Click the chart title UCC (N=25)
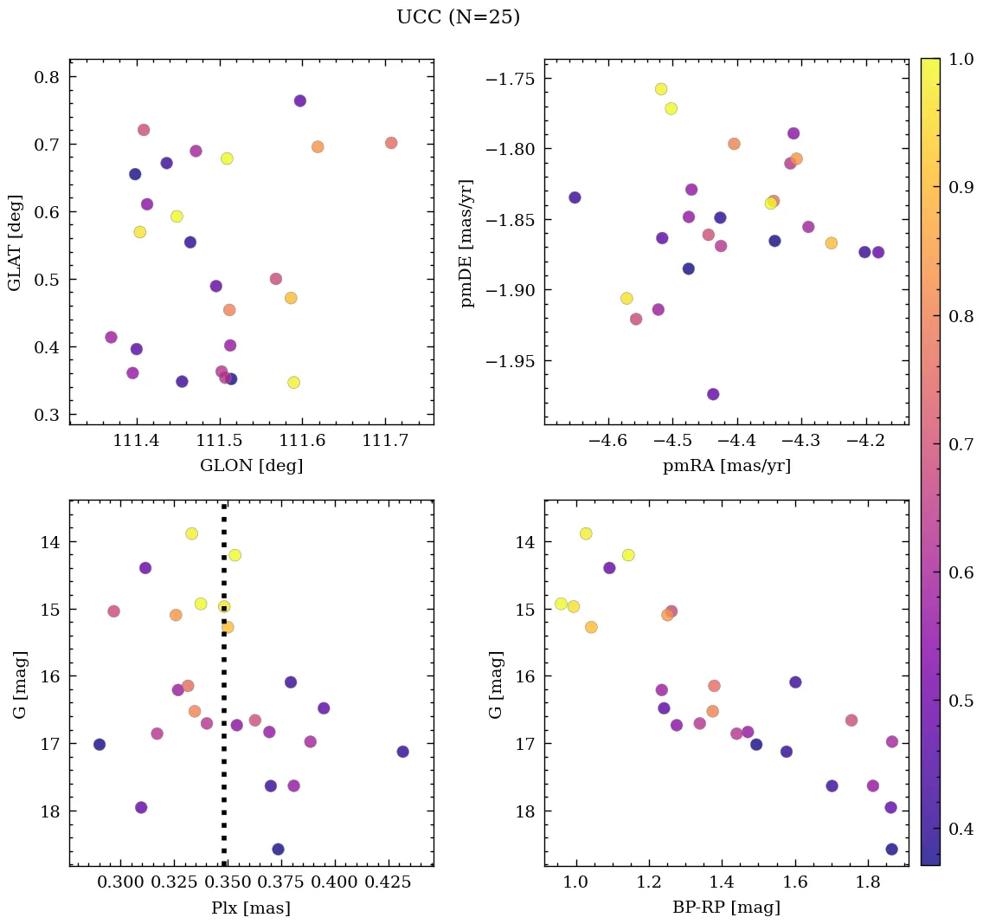tap(458, 17)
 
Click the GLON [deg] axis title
tap(251, 466)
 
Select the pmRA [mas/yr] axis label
tap(726, 466)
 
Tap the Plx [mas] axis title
tap(251, 908)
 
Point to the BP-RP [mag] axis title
tap(726, 908)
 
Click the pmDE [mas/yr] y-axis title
tap(467, 243)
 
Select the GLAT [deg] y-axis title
tap(15, 243)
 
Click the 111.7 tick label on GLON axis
tap(385, 442)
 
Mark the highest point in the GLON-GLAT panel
tap(300, 100)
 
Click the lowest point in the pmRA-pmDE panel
tap(713, 394)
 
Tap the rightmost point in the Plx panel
tap(402, 752)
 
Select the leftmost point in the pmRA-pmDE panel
tap(575, 197)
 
